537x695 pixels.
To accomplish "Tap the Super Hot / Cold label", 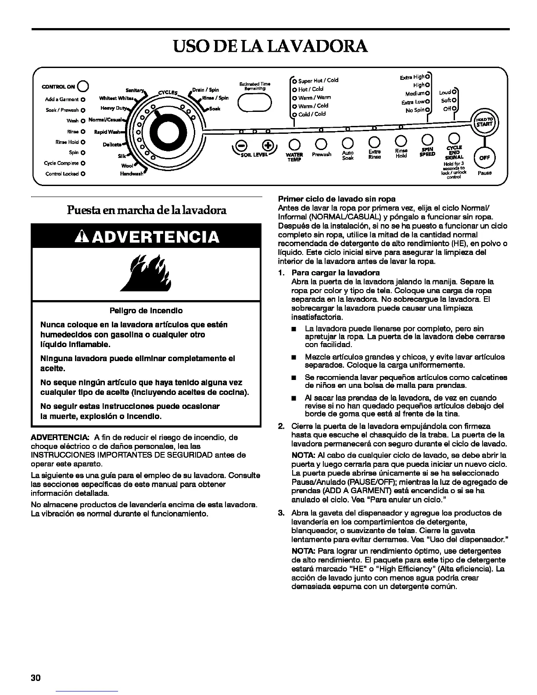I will click(318, 80).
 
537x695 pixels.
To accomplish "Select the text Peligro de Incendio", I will click(146, 311).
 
